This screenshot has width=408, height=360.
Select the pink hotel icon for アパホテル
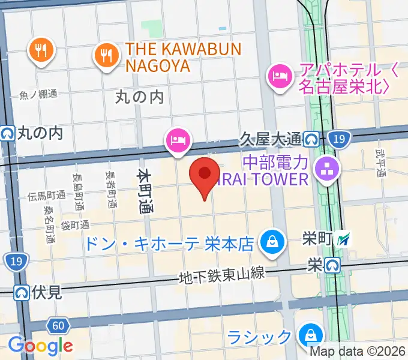[280, 76]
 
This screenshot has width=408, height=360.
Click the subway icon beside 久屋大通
[311, 139]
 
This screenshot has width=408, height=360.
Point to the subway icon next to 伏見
[22, 293]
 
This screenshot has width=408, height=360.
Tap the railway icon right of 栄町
[344, 239]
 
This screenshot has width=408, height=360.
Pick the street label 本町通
[145, 191]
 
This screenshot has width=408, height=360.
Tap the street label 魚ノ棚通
[38, 94]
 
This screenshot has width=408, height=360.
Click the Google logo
[40, 346]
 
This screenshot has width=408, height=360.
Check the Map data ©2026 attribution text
[358, 352]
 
